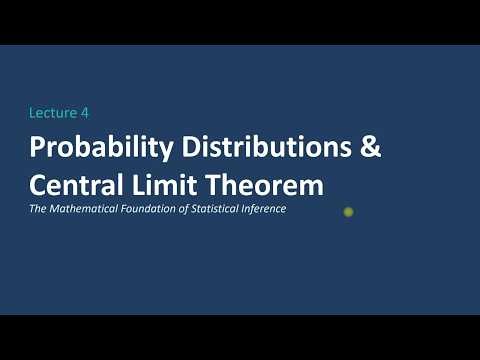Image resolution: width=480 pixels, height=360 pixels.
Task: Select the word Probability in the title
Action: click(89, 147)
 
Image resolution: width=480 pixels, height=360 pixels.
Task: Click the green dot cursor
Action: click(348, 211)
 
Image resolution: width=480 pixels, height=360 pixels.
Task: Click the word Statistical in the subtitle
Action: click(221, 209)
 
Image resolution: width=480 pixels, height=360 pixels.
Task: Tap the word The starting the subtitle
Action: click(38, 209)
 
